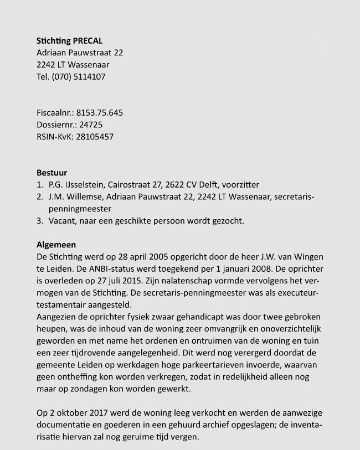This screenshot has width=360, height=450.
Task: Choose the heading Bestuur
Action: click(52, 173)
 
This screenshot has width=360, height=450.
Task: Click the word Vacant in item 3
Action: click(61, 221)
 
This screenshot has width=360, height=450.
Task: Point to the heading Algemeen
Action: click(56, 245)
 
